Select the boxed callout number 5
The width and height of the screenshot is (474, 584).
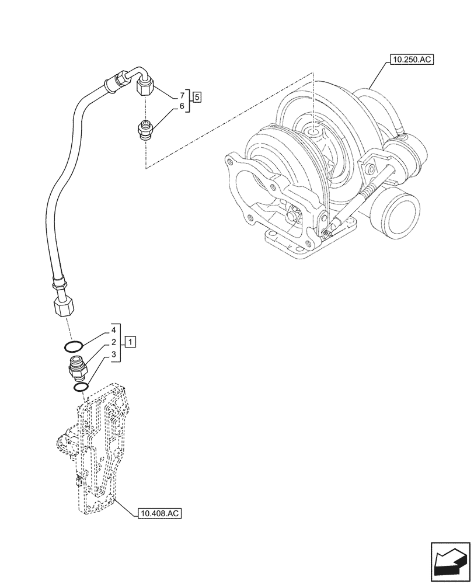coord(198,97)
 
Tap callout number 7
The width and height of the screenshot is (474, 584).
coord(182,95)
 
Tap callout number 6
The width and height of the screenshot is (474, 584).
coord(182,106)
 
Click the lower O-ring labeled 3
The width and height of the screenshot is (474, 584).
coord(81,387)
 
